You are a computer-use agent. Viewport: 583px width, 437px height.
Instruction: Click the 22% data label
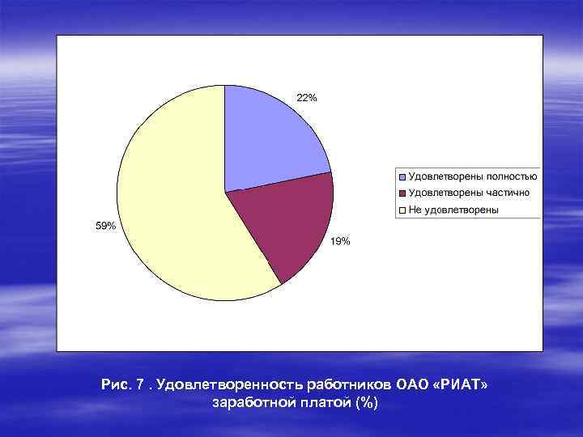pos(307,98)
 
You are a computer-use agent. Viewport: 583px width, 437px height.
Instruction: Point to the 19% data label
pos(340,241)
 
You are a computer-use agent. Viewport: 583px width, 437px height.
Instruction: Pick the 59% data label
pos(106,226)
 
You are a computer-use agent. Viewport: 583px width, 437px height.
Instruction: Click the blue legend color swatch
pos(402,176)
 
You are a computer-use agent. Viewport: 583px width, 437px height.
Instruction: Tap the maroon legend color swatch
pos(402,193)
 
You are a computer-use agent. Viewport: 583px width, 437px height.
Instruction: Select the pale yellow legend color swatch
pos(402,210)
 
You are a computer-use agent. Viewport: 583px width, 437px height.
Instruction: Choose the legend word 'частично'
pos(507,193)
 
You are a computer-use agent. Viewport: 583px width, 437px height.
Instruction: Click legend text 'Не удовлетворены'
pos(453,210)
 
